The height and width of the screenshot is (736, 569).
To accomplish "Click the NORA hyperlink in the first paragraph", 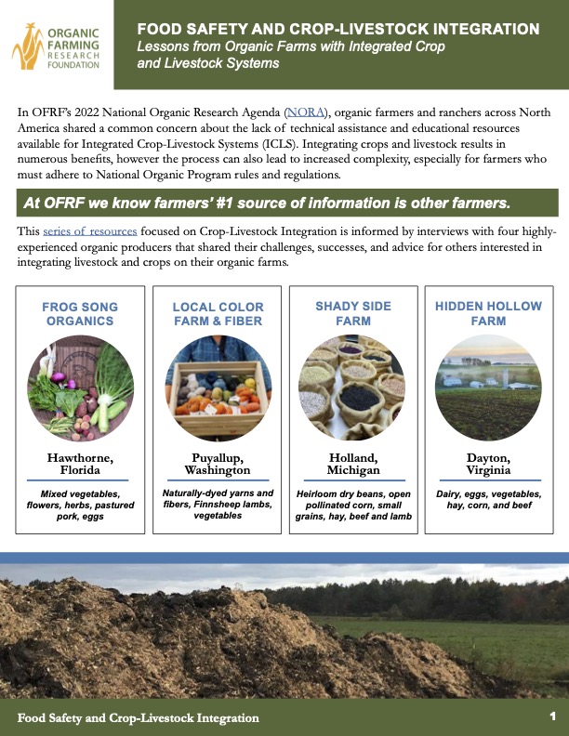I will [x=302, y=112].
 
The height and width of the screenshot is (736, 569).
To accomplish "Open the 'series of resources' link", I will [x=90, y=230].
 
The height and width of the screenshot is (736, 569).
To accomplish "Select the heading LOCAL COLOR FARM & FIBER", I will [x=218, y=314].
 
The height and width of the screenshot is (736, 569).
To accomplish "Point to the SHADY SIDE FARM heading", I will [x=353, y=314].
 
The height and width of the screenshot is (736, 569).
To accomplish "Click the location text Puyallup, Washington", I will [x=218, y=463].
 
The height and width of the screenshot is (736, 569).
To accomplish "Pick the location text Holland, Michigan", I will [x=353, y=463].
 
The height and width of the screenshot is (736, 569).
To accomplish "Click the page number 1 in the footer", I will [x=552, y=716].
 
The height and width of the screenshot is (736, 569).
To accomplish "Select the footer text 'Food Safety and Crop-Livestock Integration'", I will [x=139, y=717].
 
